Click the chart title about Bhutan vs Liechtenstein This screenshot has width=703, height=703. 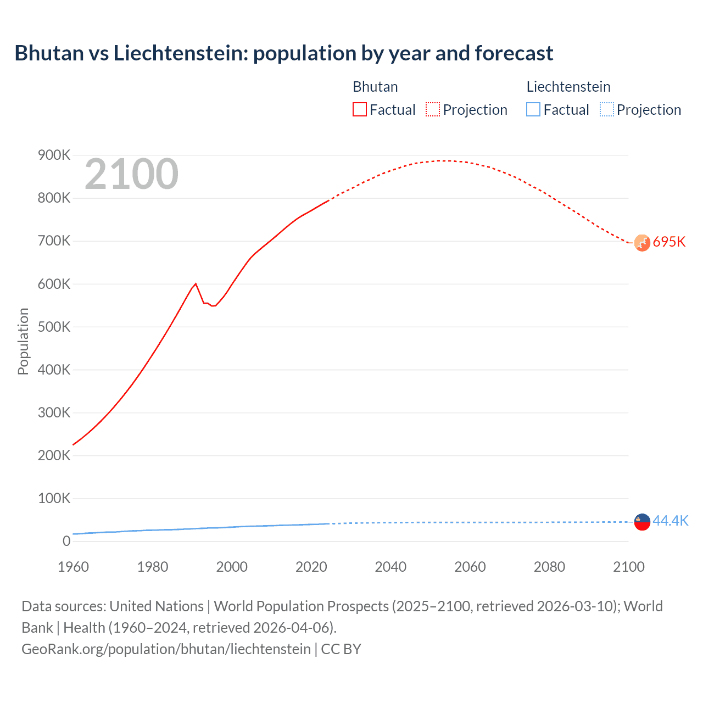click(x=283, y=53)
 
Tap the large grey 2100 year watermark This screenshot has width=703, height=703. click(x=131, y=174)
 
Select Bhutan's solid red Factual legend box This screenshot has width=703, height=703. click(x=359, y=109)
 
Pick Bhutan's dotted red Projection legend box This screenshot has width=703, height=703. click(x=433, y=109)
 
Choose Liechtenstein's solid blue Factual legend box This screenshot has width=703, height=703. click(x=533, y=109)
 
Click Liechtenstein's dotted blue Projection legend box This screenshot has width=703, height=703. click(x=606, y=109)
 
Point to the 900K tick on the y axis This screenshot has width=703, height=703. click(x=54, y=155)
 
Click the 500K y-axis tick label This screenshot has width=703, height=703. click(x=54, y=327)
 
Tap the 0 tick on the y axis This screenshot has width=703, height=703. click(x=66, y=541)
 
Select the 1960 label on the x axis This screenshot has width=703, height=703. click(x=73, y=567)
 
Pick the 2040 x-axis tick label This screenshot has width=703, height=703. click(x=390, y=567)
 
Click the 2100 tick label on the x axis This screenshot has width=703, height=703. click(x=628, y=567)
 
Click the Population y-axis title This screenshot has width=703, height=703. click(x=23, y=341)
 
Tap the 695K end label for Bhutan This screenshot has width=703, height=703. click(x=669, y=242)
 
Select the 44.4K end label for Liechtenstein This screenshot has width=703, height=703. click(x=670, y=521)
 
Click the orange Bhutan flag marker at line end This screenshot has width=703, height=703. click(x=642, y=243)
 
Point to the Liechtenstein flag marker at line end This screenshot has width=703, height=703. click(x=642, y=522)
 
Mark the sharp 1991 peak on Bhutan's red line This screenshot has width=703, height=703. click(x=196, y=284)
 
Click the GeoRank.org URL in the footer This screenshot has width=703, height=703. click(x=166, y=649)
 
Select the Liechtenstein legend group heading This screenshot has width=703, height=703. click(x=568, y=87)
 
